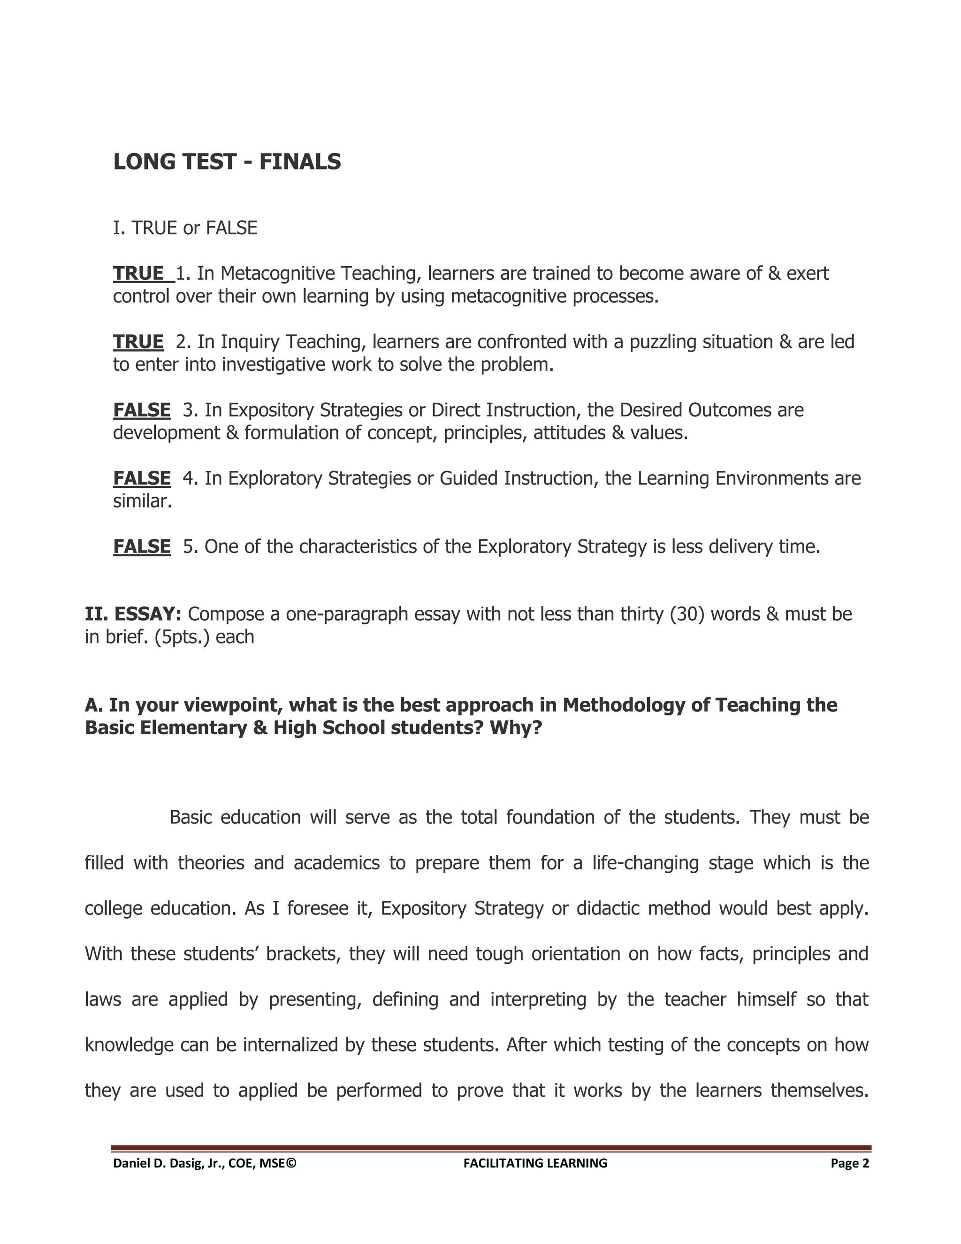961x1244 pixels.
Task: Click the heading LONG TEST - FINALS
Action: coord(227,162)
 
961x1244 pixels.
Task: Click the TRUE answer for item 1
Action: coord(138,273)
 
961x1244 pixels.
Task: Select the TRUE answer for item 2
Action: coord(138,342)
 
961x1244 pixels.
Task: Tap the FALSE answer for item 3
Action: coord(142,410)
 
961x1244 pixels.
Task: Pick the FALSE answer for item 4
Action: coord(142,478)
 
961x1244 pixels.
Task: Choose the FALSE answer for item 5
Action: coord(142,547)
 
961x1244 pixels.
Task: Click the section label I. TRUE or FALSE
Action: coord(185,228)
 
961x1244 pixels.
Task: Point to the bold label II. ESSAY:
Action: coord(133,614)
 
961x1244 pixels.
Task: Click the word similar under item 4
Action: coord(142,502)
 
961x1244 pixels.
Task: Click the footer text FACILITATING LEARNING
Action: coord(535,1164)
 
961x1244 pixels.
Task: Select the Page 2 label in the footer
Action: coord(849,1164)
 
